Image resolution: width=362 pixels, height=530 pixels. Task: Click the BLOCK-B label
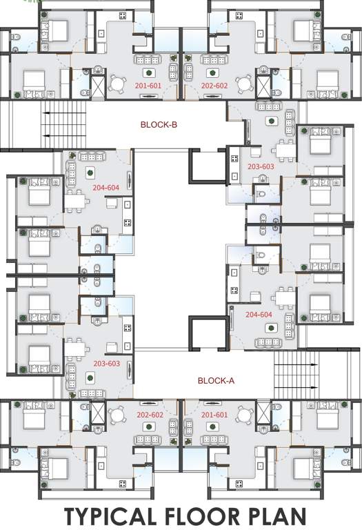159,125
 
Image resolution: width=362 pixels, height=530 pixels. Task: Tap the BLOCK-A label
217,380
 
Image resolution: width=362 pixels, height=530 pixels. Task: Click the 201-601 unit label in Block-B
148,86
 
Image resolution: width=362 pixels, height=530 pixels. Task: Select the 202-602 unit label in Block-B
214,86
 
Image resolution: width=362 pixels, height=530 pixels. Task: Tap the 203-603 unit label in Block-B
261,166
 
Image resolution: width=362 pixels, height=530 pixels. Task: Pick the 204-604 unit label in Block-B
106,187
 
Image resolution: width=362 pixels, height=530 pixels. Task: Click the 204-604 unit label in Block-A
259,314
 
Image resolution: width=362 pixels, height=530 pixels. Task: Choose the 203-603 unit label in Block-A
106,363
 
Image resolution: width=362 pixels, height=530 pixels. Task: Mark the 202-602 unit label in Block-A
149,415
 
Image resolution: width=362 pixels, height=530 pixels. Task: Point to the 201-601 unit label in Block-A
214,415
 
